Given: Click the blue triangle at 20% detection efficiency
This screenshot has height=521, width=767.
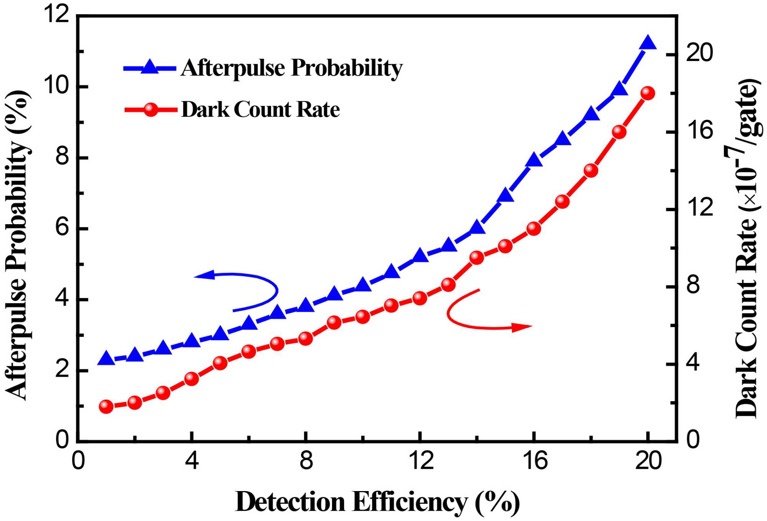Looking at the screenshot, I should point(648,43).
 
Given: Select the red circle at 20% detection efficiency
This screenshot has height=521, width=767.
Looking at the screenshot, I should point(648,93).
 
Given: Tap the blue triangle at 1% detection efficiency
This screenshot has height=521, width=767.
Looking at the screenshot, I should point(106,359).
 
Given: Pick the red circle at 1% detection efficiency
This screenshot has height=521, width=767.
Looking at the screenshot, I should point(106,406).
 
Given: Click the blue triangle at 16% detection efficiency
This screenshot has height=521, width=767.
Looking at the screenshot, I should point(534,160).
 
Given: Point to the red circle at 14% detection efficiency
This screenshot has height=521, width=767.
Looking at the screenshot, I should point(477,258).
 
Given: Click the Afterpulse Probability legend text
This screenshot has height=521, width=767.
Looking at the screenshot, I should point(291,68).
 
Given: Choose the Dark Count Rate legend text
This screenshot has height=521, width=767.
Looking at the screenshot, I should point(260,110).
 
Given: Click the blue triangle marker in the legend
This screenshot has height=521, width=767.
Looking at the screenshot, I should point(150,68).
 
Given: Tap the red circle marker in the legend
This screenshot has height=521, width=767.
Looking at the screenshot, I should point(151,110).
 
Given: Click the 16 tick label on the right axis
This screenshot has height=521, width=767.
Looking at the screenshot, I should point(700,131).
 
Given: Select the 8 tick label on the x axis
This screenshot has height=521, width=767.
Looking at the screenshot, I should point(306,461).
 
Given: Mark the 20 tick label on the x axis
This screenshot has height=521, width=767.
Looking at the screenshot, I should point(648,461).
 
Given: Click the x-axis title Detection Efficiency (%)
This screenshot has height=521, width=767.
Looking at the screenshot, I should point(377,501).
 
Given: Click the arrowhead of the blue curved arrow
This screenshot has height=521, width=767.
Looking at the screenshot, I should point(202,275).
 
